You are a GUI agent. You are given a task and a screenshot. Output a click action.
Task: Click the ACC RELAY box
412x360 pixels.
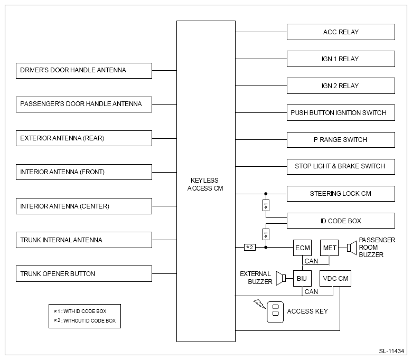click(x=341, y=32)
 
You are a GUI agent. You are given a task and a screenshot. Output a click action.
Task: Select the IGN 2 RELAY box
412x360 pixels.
click(x=341, y=86)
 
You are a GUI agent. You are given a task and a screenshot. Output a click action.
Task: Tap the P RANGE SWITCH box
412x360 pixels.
click(x=341, y=140)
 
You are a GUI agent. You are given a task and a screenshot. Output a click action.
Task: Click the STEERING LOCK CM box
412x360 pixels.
click(x=341, y=194)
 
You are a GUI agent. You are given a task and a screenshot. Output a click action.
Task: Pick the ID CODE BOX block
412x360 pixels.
click(x=341, y=221)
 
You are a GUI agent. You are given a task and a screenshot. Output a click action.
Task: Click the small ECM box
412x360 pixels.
click(x=303, y=248)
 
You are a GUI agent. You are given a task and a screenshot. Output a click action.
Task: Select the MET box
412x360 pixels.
click(x=329, y=248)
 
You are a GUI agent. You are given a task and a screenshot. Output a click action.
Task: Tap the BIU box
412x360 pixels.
click(x=303, y=278)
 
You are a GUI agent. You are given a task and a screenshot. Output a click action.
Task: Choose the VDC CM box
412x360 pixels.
click(x=335, y=278)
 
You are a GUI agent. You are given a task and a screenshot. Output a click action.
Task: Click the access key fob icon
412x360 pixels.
click(x=275, y=312)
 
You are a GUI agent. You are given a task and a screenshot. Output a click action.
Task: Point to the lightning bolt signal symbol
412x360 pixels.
click(x=259, y=304)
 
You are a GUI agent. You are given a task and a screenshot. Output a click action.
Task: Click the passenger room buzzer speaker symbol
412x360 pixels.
click(x=352, y=248)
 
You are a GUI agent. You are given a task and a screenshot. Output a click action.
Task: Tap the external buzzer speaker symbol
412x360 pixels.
click(x=281, y=278)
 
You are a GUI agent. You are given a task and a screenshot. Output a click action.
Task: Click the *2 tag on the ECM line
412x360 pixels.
click(x=250, y=248)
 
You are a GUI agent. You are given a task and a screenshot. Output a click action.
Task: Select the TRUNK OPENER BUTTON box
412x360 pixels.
click(x=84, y=273)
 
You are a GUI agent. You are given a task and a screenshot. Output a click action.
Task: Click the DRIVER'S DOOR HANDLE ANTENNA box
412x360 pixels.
click(x=84, y=71)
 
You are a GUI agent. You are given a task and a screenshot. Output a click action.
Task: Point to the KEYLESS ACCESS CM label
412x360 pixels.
click(x=205, y=184)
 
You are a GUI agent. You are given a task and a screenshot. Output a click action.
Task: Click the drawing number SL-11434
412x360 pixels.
click(x=391, y=351)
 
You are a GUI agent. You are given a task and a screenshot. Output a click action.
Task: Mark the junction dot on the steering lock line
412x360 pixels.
click(x=266, y=194)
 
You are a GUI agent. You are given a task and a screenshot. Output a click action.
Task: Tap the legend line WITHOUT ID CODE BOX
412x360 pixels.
click(x=85, y=320)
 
